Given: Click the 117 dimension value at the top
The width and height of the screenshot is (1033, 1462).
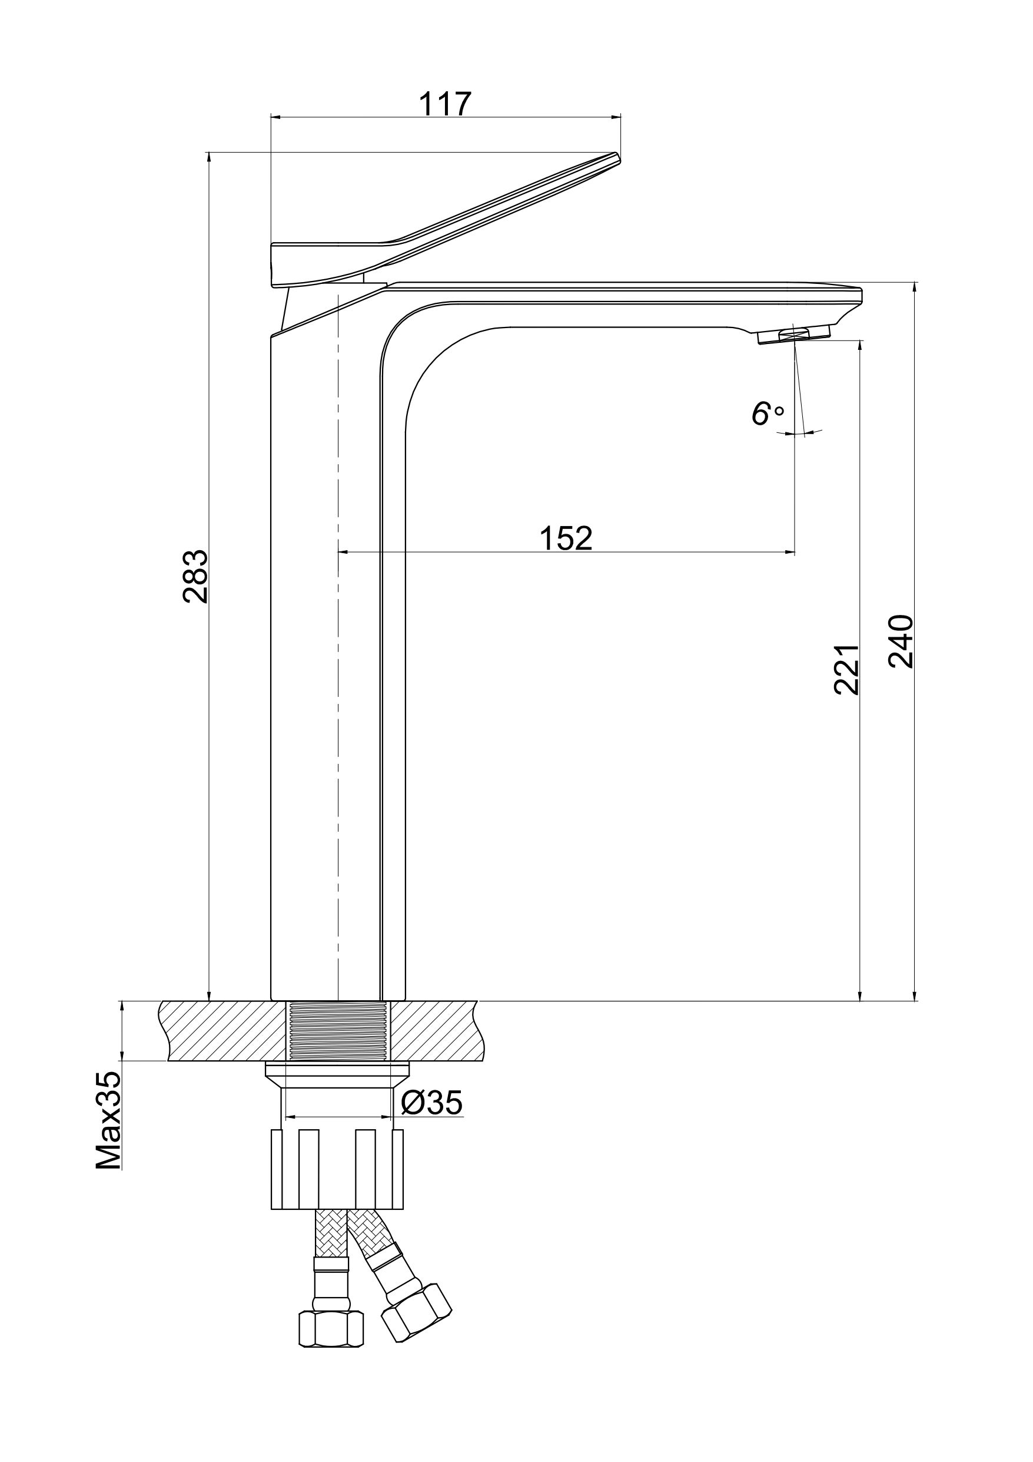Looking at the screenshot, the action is pyautogui.click(x=445, y=104).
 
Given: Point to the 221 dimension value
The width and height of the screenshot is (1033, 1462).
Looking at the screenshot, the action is pyautogui.click(x=846, y=669).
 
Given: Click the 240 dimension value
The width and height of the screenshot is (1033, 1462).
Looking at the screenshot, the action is pyautogui.click(x=901, y=641).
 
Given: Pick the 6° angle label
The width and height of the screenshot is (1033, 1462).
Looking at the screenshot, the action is pyautogui.click(x=768, y=414).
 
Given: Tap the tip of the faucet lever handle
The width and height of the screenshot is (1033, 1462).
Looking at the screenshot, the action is pyautogui.click(x=617, y=155).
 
